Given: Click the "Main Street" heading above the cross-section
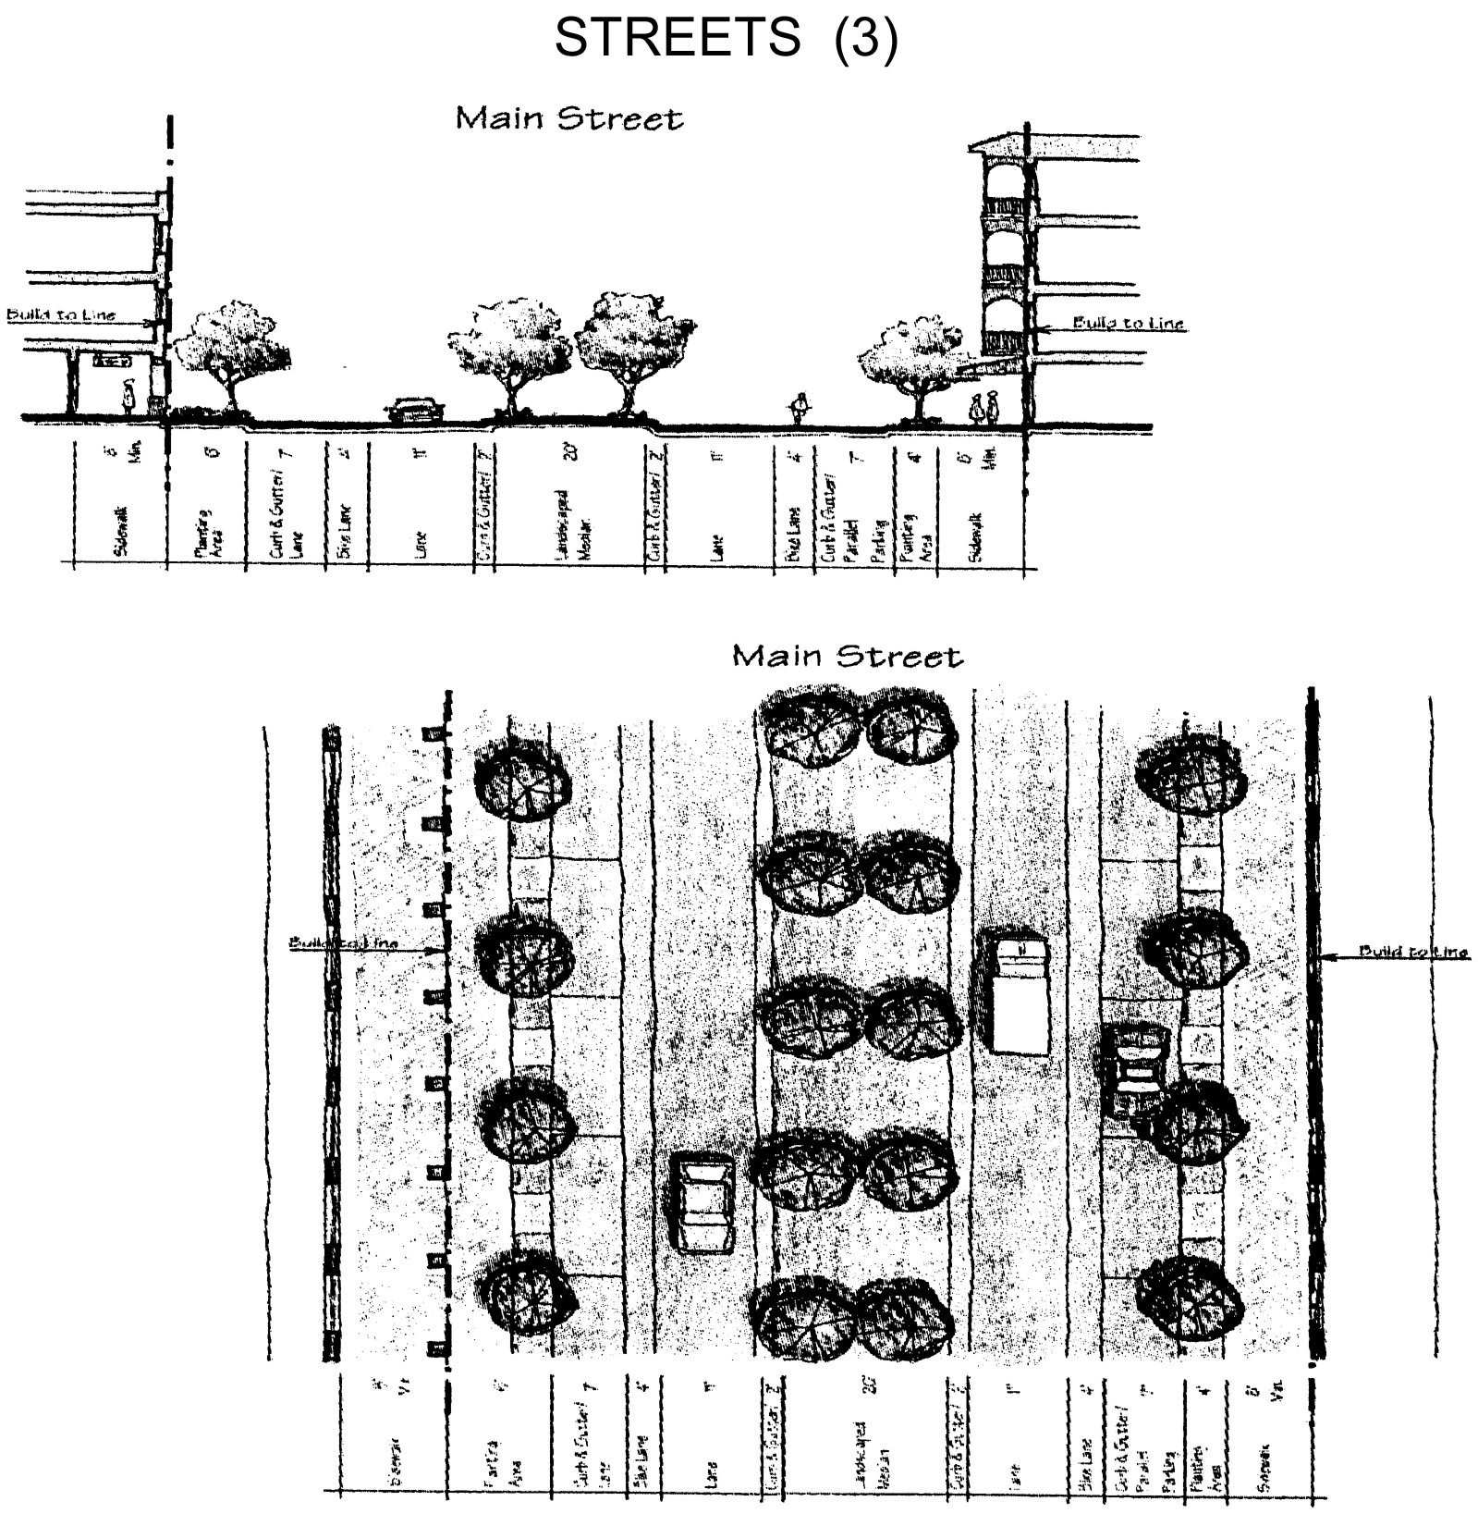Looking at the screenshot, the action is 569,119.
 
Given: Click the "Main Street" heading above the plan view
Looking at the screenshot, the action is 847,657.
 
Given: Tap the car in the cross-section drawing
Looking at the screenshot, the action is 415,410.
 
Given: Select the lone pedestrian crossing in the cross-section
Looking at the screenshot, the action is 800,408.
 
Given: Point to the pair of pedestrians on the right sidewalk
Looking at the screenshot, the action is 983,407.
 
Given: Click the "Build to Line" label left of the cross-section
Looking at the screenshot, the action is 61,314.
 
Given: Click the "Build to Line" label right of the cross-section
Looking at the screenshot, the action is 1128,324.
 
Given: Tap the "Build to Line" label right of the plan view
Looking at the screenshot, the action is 1413,952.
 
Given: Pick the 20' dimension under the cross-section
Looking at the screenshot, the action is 572,453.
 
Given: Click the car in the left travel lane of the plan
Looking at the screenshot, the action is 705,1201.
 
